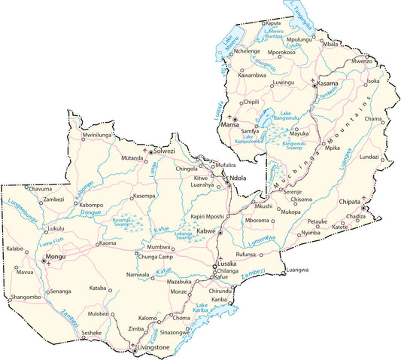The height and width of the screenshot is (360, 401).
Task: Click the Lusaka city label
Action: [x=229, y=264]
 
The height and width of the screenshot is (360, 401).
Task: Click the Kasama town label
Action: [x=328, y=83]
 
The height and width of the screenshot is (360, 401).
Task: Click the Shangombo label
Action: [x=26, y=297]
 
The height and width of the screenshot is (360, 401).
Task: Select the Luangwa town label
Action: [x=298, y=270]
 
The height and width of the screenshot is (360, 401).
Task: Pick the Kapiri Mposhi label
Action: [x=207, y=215]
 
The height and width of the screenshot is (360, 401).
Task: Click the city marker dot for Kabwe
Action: [x=220, y=233]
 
